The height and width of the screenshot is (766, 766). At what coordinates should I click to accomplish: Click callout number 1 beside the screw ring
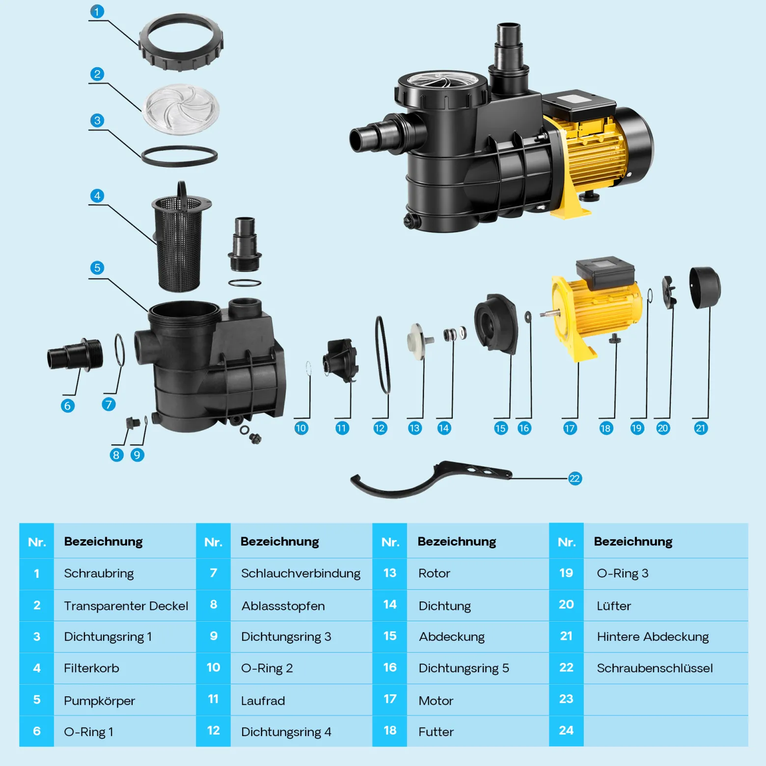pyautogui.click(x=97, y=11)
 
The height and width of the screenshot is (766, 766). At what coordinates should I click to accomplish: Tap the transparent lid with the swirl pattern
pyautogui.click(x=181, y=109)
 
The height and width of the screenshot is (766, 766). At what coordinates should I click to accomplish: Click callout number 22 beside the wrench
pyautogui.click(x=574, y=478)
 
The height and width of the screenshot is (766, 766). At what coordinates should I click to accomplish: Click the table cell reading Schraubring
pyautogui.click(x=99, y=573)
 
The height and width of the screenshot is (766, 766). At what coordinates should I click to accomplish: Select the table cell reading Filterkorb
pyautogui.click(x=91, y=668)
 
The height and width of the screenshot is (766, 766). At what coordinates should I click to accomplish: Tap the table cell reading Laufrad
pyautogui.click(x=263, y=701)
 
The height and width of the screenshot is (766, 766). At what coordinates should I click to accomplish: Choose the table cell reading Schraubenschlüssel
pyautogui.click(x=655, y=668)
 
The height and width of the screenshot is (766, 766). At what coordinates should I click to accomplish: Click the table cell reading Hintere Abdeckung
pyautogui.click(x=653, y=636)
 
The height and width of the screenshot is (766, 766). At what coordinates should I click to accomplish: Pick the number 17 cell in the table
pyautogui.click(x=390, y=699)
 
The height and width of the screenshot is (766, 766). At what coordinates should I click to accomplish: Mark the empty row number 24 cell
pyautogui.click(x=566, y=730)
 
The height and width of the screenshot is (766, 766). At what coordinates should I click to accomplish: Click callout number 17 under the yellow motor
pyautogui.click(x=570, y=428)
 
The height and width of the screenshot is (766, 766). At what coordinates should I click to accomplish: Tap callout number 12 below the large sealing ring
pyautogui.click(x=380, y=428)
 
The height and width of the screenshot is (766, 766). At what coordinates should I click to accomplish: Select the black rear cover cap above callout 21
pyautogui.click(x=705, y=288)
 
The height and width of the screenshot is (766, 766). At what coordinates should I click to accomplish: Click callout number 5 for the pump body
pyautogui.click(x=97, y=268)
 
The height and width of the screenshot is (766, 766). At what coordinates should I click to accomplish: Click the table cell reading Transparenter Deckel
pyautogui.click(x=126, y=605)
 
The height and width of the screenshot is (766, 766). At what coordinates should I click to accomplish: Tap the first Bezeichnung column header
pyautogui.click(x=103, y=541)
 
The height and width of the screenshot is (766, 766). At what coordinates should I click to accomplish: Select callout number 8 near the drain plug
pyautogui.click(x=116, y=455)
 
